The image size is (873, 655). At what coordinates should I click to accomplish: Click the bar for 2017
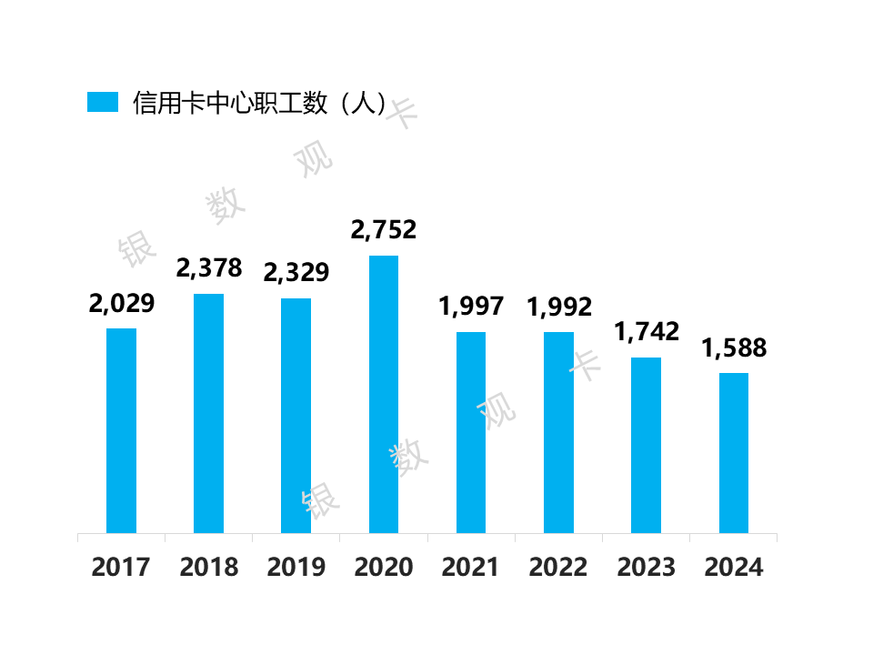tap(121, 430)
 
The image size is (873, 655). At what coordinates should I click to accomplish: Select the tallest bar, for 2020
tap(383, 394)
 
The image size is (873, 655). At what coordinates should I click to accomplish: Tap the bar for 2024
tap(734, 453)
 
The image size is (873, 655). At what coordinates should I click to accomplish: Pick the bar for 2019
tap(296, 416)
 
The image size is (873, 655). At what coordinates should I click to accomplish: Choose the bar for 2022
tap(558, 432)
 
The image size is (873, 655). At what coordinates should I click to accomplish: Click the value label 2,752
tap(383, 230)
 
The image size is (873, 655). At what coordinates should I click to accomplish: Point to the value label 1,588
tap(734, 348)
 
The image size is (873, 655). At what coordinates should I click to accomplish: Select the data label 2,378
tap(209, 268)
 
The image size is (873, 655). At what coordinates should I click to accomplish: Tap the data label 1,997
tap(471, 307)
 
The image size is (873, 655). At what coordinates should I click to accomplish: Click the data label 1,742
tap(647, 332)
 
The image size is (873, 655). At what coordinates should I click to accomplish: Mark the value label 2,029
tap(121, 303)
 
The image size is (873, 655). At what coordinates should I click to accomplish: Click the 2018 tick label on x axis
tap(209, 568)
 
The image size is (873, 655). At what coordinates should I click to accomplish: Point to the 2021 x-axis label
tap(471, 568)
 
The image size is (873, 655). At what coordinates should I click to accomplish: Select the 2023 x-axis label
tap(647, 568)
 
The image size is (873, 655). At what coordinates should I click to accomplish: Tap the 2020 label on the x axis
tap(383, 568)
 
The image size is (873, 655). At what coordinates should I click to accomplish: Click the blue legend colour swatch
tap(103, 102)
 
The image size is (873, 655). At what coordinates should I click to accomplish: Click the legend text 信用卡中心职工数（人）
tap(260, 102)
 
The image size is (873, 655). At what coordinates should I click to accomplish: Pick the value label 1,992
tap(558, 307)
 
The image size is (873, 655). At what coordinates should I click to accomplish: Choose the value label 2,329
tap(296, 273)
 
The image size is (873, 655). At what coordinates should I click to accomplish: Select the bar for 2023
tap(647, 445)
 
